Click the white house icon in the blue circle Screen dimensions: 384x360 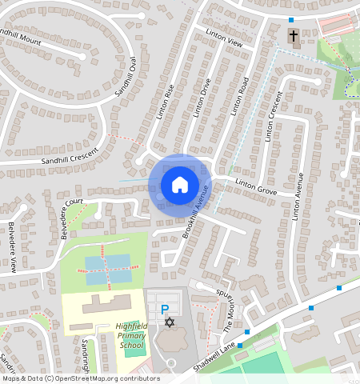180,185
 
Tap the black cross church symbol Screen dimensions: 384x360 293,36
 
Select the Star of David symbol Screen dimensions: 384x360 169,322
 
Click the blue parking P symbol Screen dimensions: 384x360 165,310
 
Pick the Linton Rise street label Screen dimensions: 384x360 164,102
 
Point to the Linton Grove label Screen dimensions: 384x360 255,186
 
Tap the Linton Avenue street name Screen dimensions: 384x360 299,196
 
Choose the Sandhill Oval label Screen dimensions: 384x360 126,78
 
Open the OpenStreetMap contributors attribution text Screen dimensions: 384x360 81,378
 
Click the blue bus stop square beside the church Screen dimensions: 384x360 291,19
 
